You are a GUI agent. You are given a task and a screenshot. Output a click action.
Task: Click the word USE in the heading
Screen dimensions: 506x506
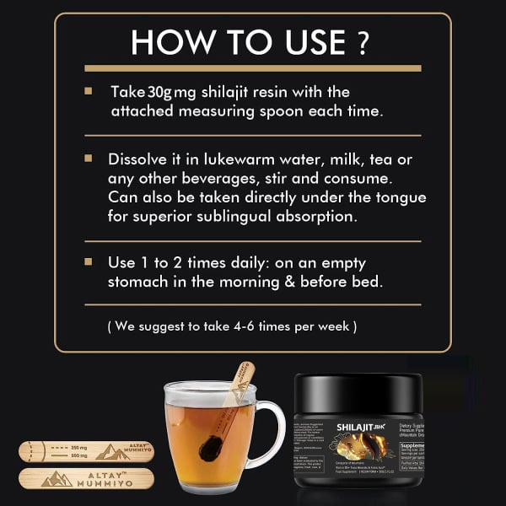(305, 42)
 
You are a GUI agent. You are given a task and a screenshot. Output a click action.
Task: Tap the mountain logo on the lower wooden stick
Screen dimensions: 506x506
(57, 477)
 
